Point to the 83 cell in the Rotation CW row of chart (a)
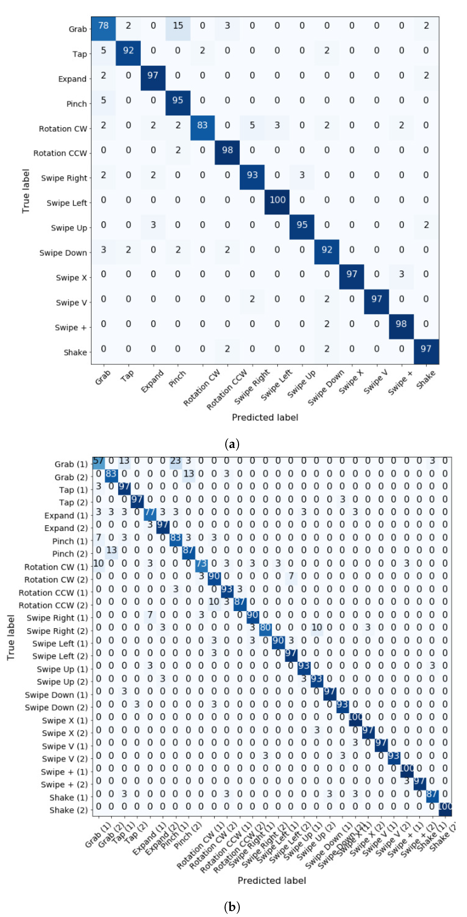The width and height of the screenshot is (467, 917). point(202,125)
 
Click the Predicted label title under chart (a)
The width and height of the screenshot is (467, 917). point(265,418)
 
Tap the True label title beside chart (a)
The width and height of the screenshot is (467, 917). point(26,191)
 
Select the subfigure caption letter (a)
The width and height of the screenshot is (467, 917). point(232,444)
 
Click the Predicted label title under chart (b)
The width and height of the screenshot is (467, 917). point(272,880)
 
